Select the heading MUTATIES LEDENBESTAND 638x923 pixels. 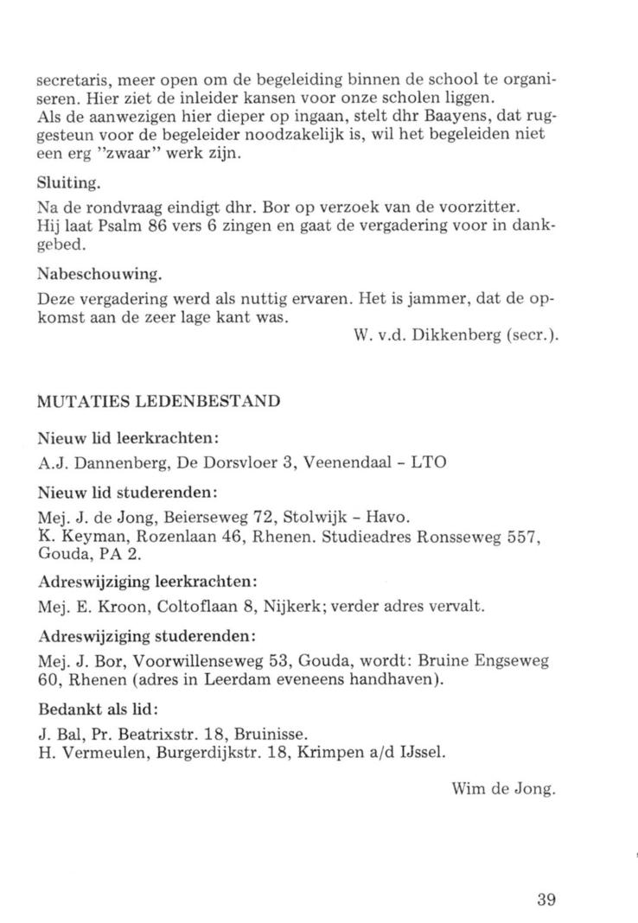coord(161,401)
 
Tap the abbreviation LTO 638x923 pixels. coord(429,463)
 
